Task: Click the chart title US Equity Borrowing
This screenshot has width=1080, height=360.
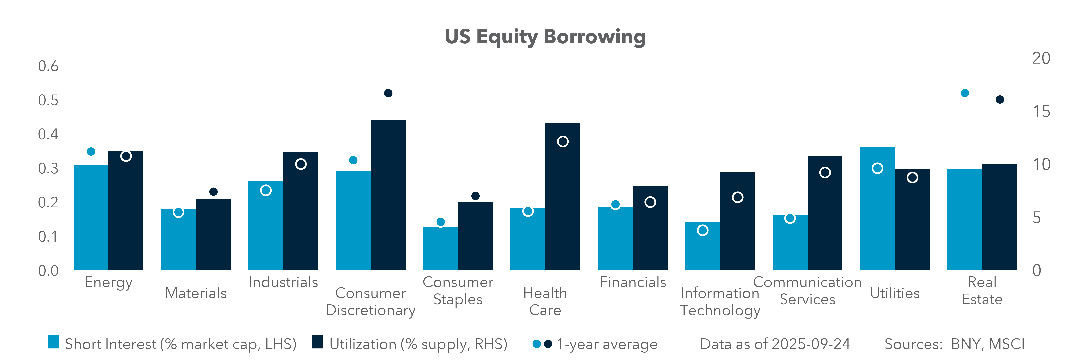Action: (x=545, y=37)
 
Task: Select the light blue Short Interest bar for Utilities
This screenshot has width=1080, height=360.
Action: (x=877, y=208)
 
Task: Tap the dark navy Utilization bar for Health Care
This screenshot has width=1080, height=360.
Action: (x=563, y=197)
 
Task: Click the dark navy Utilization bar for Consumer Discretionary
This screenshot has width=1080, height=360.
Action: (x=388, y=195)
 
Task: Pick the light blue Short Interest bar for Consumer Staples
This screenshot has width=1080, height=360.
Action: (x=440, y=249)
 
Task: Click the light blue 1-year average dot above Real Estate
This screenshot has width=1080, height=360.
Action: (x=965, y=93)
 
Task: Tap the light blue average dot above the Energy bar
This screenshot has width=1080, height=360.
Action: (x=91, y=151)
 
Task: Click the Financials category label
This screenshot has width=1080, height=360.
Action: (x=633, y=282)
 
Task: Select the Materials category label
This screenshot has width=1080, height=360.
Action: (x=196, y=293)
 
